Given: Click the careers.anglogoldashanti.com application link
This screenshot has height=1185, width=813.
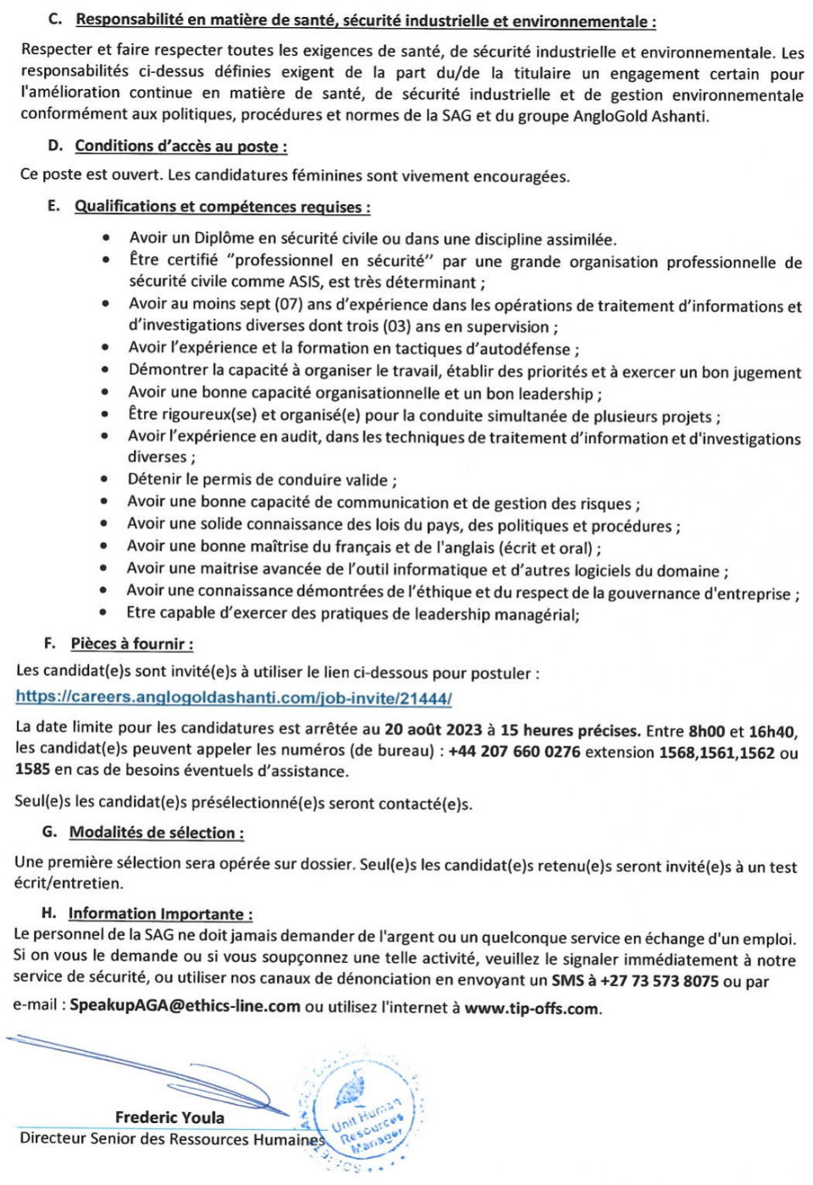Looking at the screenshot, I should click(x=234, y=699).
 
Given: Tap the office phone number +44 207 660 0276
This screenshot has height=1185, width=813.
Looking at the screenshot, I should click(x=514, y=751).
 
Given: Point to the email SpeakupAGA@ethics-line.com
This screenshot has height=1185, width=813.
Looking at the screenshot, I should click(x=185, y=1005).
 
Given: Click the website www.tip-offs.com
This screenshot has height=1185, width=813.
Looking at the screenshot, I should click(x=532, y=1009).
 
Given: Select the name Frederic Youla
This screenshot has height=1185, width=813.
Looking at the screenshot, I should click(x=169, y=1117).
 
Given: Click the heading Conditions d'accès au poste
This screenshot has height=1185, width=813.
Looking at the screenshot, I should click(x=180, y=147).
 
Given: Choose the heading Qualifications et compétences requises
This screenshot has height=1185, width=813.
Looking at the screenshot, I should click(x=222, y=207).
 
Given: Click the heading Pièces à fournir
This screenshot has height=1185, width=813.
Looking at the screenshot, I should click(x=131, y=644).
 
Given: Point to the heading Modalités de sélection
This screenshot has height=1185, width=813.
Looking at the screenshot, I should click(x=156, y=833).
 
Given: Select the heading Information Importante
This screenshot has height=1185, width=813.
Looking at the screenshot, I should click(x=160, y=914).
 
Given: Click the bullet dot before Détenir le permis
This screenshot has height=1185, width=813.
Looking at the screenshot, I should click(x=104, y=480).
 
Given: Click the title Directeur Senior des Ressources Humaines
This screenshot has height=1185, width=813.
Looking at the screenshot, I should click(x=172, y=1139).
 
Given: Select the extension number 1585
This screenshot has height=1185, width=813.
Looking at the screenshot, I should click(x=32, y=770).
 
